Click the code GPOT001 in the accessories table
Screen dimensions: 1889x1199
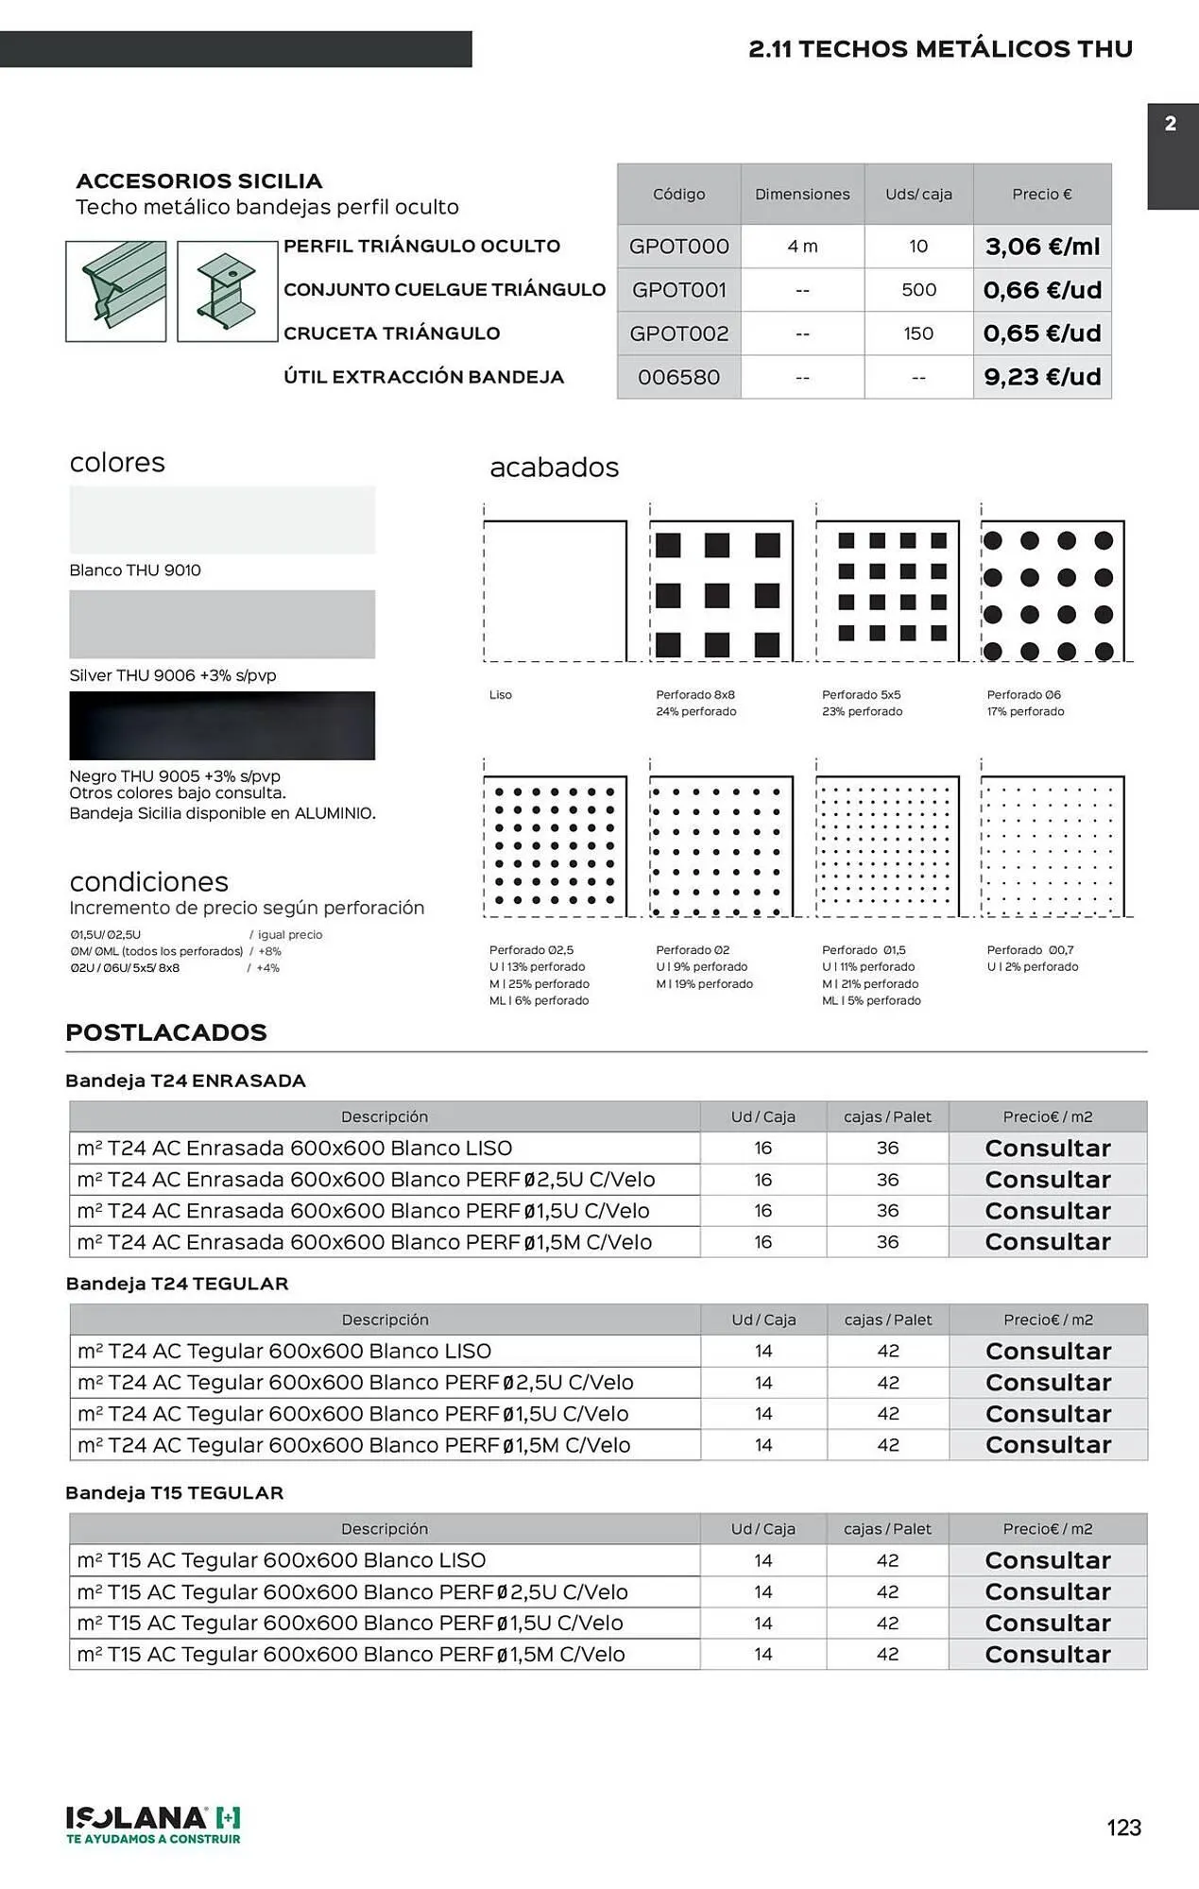(678, 290)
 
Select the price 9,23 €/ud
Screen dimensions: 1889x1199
(1042, 377)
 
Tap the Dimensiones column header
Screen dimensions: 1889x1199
(802, 194)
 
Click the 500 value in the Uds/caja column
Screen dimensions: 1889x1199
(918, 290)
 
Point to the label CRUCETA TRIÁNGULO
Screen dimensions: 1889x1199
(392, 333)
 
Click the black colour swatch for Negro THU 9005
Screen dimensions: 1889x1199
(222, 725)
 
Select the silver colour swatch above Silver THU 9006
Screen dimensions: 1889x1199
(222, 624)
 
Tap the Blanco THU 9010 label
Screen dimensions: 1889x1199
(135, 570)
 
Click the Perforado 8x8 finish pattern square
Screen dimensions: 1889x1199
(721, 591)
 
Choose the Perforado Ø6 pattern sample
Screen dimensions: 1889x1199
(1053, 591)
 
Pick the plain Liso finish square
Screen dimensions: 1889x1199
(556, 591)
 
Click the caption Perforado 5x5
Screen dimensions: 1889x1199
(861, 695)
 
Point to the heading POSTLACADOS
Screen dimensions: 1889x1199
(166, 1032)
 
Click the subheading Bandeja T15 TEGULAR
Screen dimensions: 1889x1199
(175, 1493)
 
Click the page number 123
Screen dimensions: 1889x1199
(1123, 1828)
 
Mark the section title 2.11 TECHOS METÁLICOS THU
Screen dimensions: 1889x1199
(940, 49)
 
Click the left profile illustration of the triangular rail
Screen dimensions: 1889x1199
(116, 291)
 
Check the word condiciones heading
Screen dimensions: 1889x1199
(149, 882)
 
